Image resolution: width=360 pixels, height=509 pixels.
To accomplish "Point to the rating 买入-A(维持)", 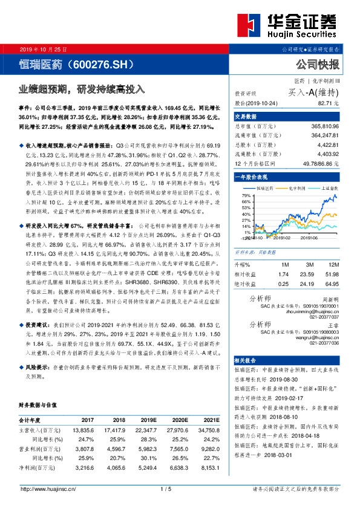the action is pyautogui.click(x=313, y=92).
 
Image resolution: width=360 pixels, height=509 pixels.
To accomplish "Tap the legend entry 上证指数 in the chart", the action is pyautogui.click(x=326, y=188).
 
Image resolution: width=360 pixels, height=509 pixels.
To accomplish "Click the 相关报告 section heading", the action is pyautogui.click(x=247, y=358).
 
